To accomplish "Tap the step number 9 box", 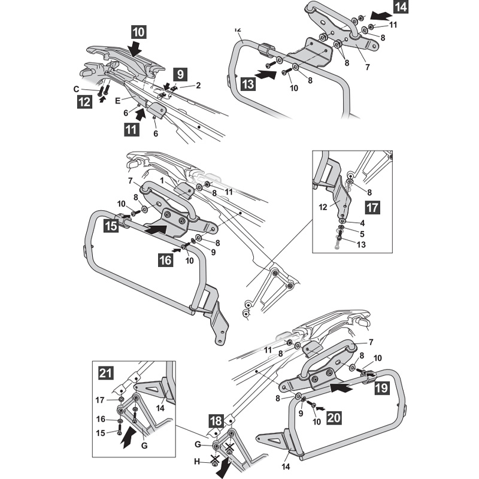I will (178, 75).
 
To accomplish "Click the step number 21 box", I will (105, 374).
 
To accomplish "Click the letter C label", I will (76, 89).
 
